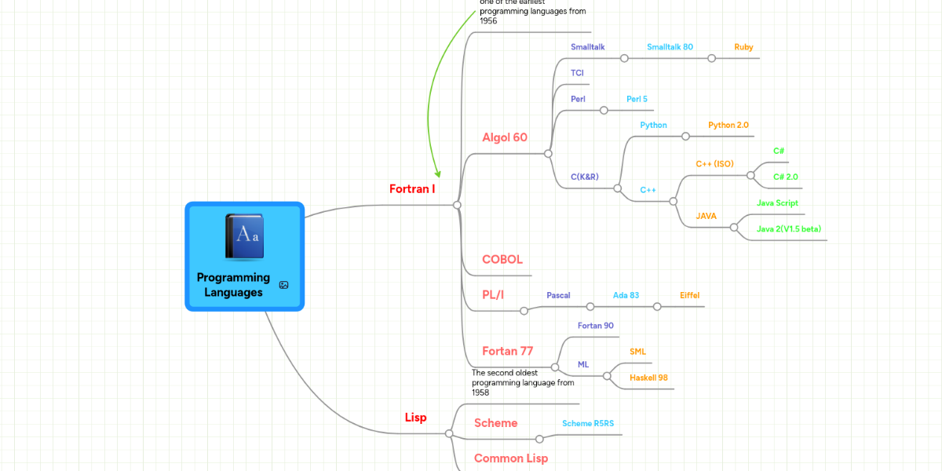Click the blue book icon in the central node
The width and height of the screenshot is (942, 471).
(x=244, y=236)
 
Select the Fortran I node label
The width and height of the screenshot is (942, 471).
(x=412, y=189)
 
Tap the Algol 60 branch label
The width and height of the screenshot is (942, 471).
(x=505, y=137)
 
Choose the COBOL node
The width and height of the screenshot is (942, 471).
(x=502, y=260)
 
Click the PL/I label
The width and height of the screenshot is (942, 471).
(x=493, y=295)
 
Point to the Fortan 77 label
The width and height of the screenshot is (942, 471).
(x=508, y=351)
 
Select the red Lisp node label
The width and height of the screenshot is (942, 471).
(x=415, y=418)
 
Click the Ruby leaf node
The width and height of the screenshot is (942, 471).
(x=743, y=47)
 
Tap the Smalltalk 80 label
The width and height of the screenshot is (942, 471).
(x=670, y=47)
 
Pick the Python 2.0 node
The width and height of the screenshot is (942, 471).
(x=728, y=125)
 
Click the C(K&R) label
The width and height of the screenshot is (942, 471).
(x=585, y=177)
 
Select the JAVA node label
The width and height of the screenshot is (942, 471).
(x=706, y=216)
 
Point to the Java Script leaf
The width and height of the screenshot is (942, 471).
(x=777, y=203)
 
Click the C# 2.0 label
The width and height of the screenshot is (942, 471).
(x=785, y=177)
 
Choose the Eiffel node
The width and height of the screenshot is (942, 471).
(x=689, y=295)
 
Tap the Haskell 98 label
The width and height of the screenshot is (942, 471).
(x=648, y=378)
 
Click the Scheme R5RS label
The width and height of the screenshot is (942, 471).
(x=588, y=423)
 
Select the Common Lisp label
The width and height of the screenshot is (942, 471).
(x=511, y=458)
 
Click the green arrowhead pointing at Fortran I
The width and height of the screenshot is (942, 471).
(x=437, y=173)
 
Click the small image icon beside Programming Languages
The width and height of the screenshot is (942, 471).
(x=283, y=285)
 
